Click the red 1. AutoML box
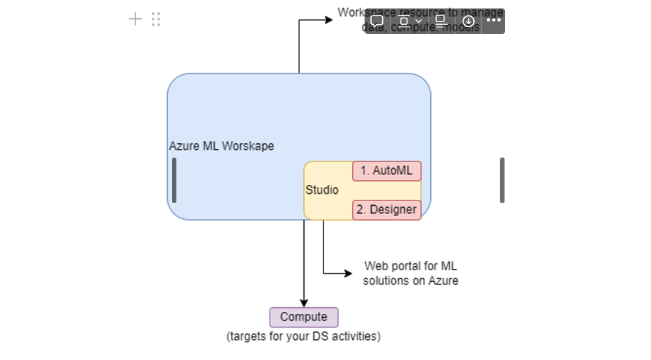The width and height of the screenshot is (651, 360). tap(387, 171)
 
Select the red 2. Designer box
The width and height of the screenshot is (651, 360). tap(387, 210)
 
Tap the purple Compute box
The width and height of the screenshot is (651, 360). tap(303, 317)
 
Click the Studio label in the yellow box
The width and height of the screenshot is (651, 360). tap(322, 190)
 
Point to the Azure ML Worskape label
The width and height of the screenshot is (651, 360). tap(221, 146)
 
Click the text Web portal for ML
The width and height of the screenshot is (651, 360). tap(410, 266)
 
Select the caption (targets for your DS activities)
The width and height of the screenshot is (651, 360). tap(303, 337)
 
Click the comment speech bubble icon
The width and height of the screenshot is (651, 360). tap(377, 21)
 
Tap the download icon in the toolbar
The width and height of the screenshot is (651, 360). tap(468, 21)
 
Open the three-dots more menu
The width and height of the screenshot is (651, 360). tap(493, 20)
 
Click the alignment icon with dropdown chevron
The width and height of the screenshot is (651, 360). tap(409, 21)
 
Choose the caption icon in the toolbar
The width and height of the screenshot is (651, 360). tap(441, 21)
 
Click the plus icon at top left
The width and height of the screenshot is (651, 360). tap(135, 19)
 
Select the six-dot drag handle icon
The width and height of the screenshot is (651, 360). tap(156, 19)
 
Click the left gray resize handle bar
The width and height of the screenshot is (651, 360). tap(174, 180)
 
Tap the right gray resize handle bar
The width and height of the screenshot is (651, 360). tap(502, 180)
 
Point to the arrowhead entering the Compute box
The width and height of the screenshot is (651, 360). tap(304, 303)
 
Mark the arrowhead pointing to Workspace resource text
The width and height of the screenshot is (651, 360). tap(328, 20)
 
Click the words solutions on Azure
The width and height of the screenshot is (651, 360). tap(410, 281)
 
